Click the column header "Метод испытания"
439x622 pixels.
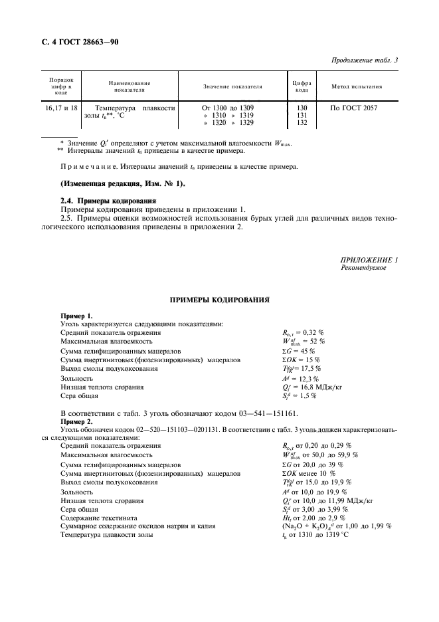tap(357, 86)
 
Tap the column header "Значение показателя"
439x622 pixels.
tap(232, 86)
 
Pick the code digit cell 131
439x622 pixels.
tap(302, 114)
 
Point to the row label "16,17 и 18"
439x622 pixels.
tap(60, 107)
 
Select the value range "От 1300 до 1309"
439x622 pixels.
tap(228, 107)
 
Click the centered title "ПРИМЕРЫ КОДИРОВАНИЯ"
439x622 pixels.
tap(219, 300)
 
